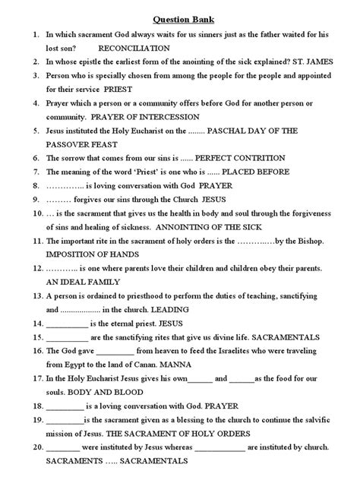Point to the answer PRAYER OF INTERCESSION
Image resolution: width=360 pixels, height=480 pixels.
pyautogui.click(x=144, y=117)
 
